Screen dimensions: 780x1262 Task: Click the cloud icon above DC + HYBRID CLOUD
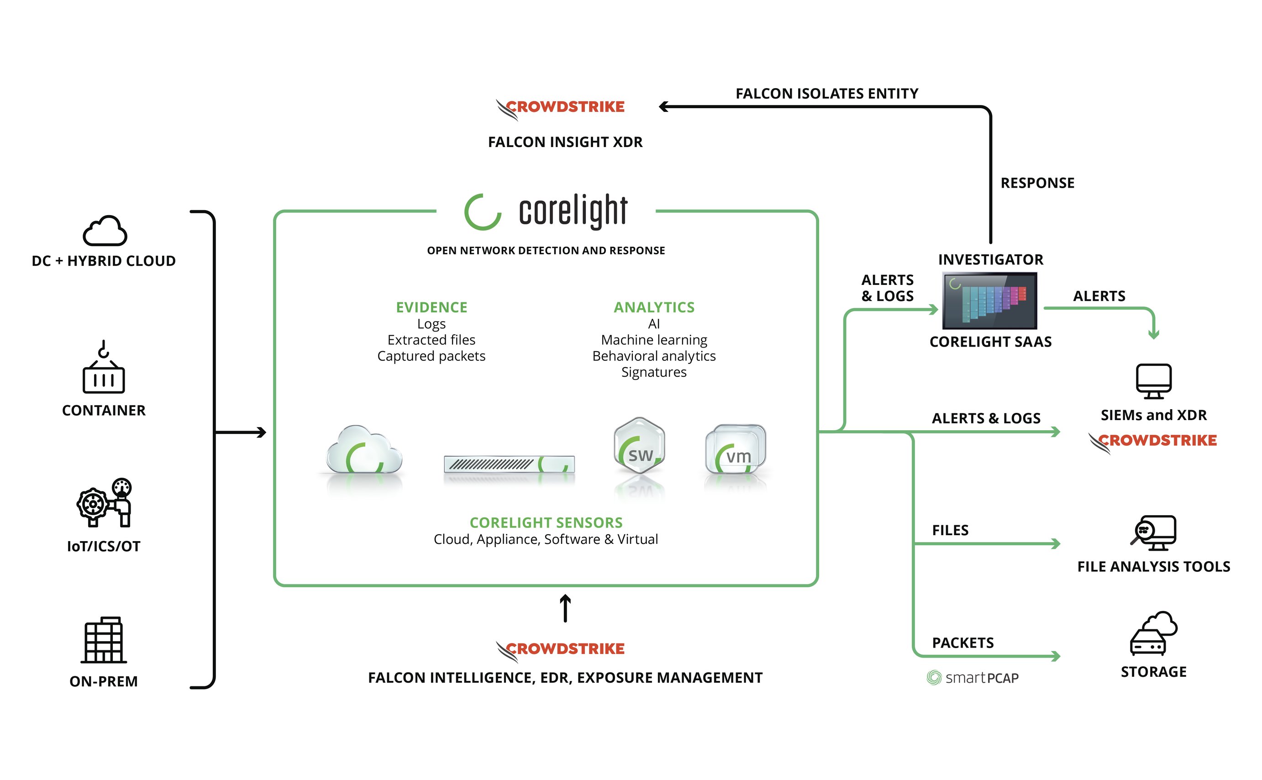point(105,231)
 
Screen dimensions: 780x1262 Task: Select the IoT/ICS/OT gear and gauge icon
point(105,503)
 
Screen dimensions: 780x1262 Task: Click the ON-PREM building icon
point(104,640)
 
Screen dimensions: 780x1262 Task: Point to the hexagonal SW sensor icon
point(640,446)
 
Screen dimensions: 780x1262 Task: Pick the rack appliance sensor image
point(509,464)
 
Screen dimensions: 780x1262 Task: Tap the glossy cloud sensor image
point(364,450)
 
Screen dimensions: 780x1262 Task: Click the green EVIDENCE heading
point(431,307)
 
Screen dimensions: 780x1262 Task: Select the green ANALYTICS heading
point(654,307)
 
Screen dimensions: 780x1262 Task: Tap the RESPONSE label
point(1037,183)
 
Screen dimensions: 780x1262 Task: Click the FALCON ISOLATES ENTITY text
point(827,94)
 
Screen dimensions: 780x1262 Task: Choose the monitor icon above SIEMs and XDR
point(1154,381)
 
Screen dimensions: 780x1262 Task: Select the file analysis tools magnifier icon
point(1153,533)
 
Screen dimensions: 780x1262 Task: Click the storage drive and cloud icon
point(1154,633)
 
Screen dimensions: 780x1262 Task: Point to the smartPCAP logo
point(973,678)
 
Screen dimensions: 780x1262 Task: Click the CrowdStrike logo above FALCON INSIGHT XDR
point(561,108)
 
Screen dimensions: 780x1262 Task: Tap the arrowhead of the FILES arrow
point(1056,544)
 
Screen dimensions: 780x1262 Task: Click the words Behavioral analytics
point(654,357)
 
